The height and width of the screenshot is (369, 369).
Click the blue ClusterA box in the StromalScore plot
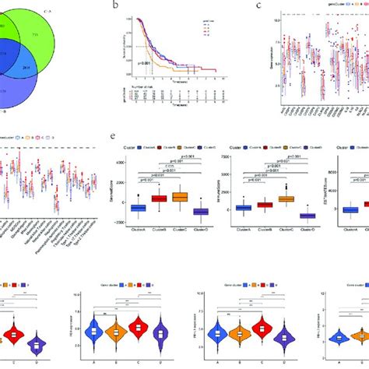141,208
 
